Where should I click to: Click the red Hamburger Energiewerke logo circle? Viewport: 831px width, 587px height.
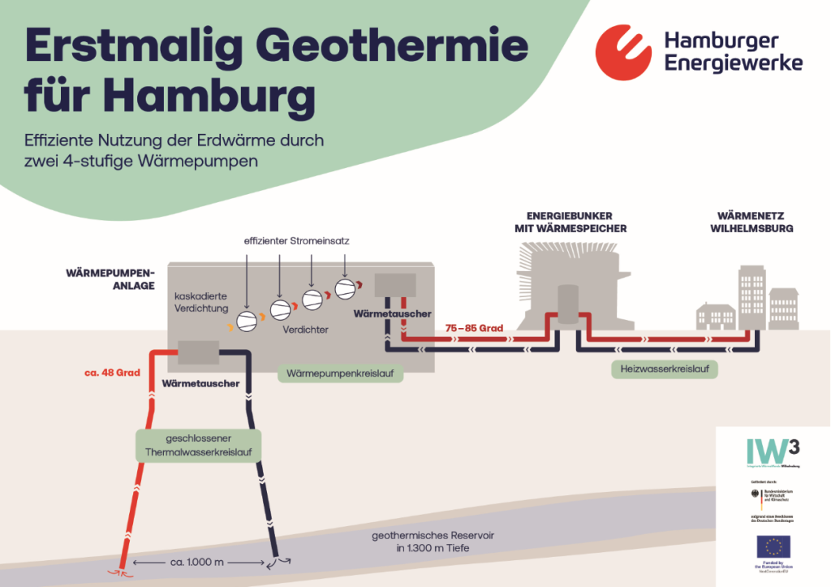coord(623,52)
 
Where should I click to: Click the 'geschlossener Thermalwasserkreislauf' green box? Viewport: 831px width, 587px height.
coord(198,445)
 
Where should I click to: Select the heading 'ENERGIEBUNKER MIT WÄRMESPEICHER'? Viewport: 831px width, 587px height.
coord(576,222)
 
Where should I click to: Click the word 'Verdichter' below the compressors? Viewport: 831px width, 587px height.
coord(305,331)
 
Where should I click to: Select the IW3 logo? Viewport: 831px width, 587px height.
coord(773,451)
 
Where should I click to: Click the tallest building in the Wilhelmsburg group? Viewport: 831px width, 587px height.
coord(751,298)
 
